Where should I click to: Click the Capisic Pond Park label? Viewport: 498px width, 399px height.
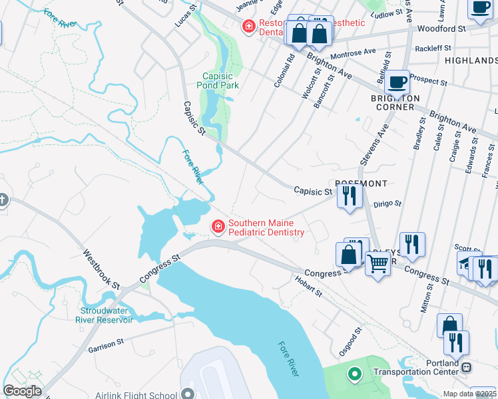[218, 81]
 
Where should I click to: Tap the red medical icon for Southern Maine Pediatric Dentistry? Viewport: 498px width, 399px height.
[218, 227]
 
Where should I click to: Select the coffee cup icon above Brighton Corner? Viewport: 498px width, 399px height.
[397, 83]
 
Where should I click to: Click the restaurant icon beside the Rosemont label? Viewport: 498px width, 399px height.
[348, 196]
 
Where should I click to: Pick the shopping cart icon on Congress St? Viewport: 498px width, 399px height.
[378, 263]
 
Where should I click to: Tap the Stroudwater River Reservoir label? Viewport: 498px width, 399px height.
[107, 315]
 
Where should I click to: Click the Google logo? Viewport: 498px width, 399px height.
[22, 391]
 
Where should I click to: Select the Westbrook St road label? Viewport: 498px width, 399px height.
[101, 269]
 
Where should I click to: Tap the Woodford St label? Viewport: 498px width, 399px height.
[441, 29]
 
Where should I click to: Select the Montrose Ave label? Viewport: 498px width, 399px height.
[354, 52]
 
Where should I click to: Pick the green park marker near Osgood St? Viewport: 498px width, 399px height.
[354, 376]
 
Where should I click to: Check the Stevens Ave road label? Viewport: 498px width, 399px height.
[373, 142]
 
